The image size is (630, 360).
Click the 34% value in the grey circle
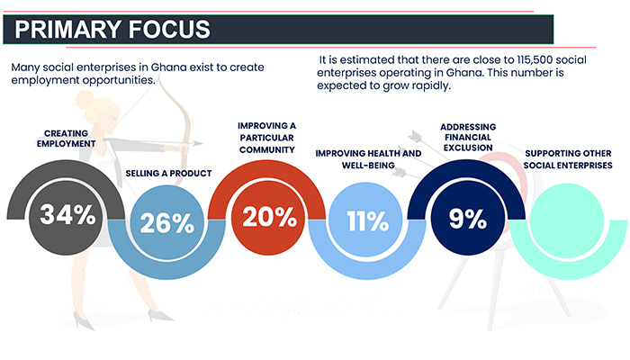point(67,214)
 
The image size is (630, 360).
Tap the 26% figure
point(167,223)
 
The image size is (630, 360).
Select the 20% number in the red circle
point(270,217)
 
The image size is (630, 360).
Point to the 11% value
point(367,221)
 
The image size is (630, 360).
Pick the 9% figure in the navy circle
point(468,219)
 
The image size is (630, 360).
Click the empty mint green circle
point(567,220)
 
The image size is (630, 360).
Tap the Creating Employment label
point(67,139)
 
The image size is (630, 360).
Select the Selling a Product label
point(168,173)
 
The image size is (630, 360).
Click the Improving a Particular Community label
point(266,138)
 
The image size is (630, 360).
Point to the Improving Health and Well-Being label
point(368,159)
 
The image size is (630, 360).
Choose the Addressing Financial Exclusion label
point(468,138)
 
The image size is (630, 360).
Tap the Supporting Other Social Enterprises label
point(568,159)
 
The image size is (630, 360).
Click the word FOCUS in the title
point(169,30)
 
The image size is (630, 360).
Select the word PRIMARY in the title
point(67,30)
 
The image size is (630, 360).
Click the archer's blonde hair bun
point(85,99)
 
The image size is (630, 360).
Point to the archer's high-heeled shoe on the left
point(84,320)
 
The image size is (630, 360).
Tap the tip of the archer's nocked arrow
point(202,143)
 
